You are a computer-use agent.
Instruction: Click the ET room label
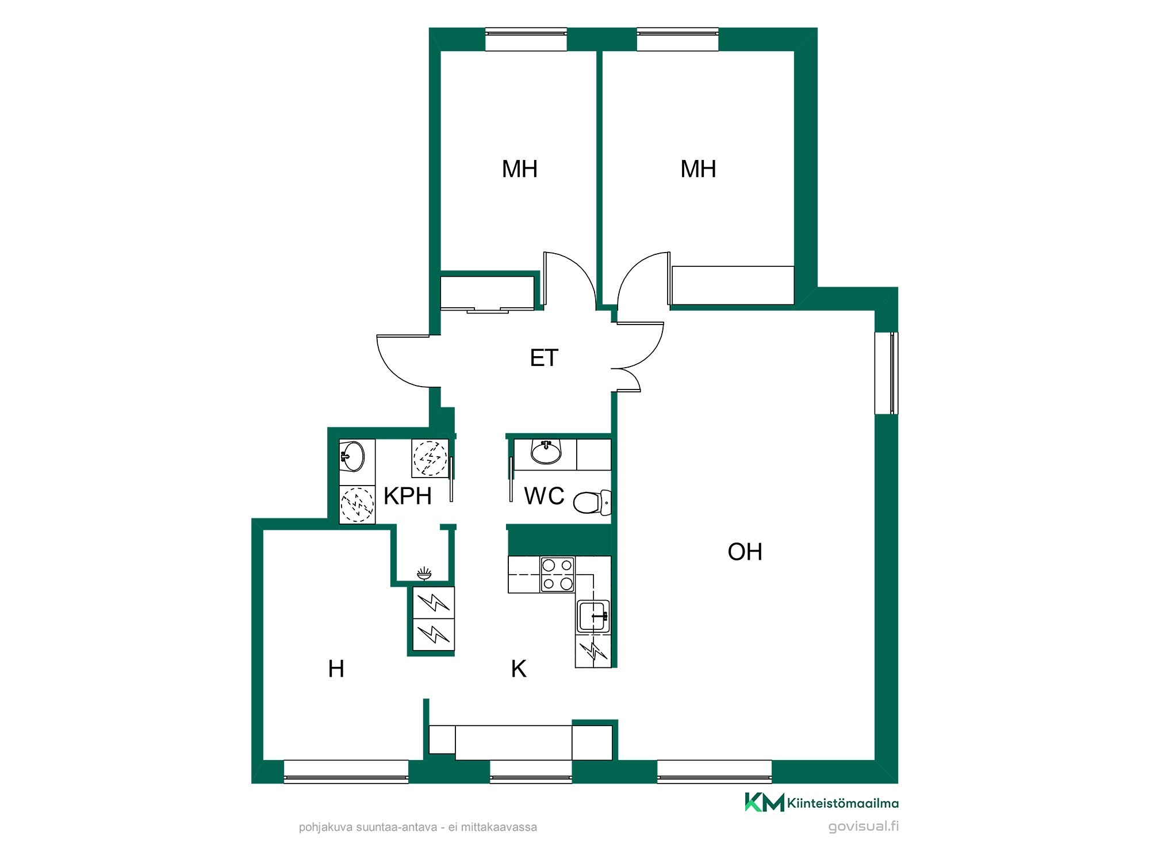click(x=544, y=358)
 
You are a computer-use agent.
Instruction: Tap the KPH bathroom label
click(x=408, y=496)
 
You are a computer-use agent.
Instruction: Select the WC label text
click(x=544, y=496)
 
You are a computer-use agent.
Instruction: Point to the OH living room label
click(x=745, y=552)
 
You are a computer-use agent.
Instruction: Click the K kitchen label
click(x=519, y=669)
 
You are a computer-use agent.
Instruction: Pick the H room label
click(x=336, y=669)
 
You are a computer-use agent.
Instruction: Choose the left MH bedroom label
click(x=520, y=169)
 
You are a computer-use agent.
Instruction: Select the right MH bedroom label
click(x=698, y=169)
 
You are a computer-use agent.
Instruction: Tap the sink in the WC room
click(x=546, y=452)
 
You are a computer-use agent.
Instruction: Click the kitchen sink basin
click(x=593, y=616)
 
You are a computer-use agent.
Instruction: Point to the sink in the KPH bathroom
click(x=352, y=456)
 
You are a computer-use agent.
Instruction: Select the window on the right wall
click(x=886, y=373)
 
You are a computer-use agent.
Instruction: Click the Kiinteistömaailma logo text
click(x=842, y=803)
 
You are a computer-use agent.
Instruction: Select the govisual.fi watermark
click(x=863, y=827)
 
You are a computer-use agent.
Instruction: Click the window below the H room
click(x=346, y=772)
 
